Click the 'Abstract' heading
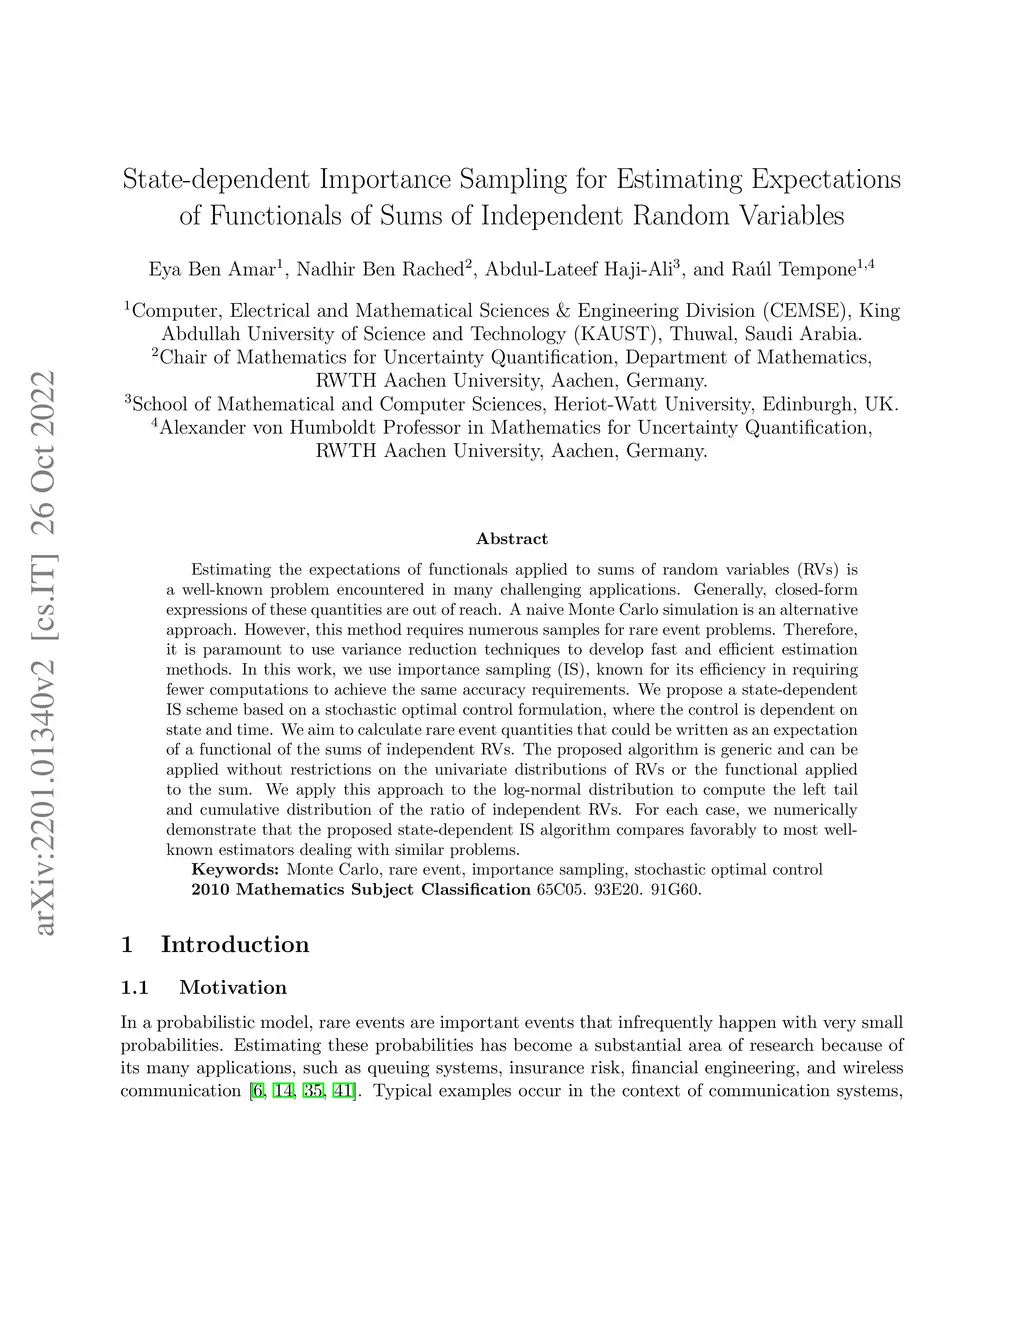[512, 539]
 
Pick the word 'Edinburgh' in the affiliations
[809, 405]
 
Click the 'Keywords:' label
[236, 870]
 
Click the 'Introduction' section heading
[235, 945]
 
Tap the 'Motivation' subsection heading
[233, 988]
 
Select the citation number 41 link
[341, 1090]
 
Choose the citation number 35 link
[311, 1090]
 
